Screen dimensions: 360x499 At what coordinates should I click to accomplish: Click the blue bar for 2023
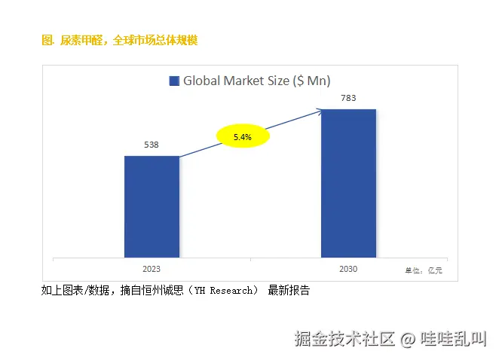tap(152, 206)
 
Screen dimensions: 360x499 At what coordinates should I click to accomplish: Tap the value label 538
tap(151, 145)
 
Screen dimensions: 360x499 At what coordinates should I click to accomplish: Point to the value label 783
tap(348, 98)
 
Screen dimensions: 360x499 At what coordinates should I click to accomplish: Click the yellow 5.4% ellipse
tap(243, 137)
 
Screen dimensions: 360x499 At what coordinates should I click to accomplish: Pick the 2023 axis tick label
tap(151, 268)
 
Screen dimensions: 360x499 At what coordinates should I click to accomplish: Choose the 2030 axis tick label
tap(348, 268)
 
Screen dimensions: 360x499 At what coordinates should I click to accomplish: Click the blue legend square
tap(174, 81)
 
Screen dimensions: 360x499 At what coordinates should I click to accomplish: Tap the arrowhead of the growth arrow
tap(320, 111)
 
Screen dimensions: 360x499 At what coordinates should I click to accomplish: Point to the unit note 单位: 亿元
tap(424, 270)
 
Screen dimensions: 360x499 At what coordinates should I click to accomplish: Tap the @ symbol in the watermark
tap(408, 339)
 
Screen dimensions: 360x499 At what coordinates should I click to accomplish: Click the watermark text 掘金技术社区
tap(344, 339)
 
